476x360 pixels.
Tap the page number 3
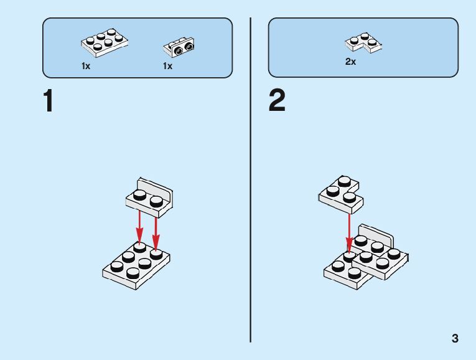[x=455, y=339]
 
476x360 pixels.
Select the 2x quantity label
[x=350, y=62]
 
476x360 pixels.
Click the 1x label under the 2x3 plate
[x=86, y=66]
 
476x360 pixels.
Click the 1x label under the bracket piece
[x=167, y=66]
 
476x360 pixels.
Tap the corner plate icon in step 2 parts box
[x=363, y=42]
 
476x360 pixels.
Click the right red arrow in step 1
[x=156, y=227]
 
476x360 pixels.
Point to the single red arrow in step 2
[x=349, y=234]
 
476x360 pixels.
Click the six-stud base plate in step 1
[x=137, y=265]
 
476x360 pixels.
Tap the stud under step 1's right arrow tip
[x=156, y=252]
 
